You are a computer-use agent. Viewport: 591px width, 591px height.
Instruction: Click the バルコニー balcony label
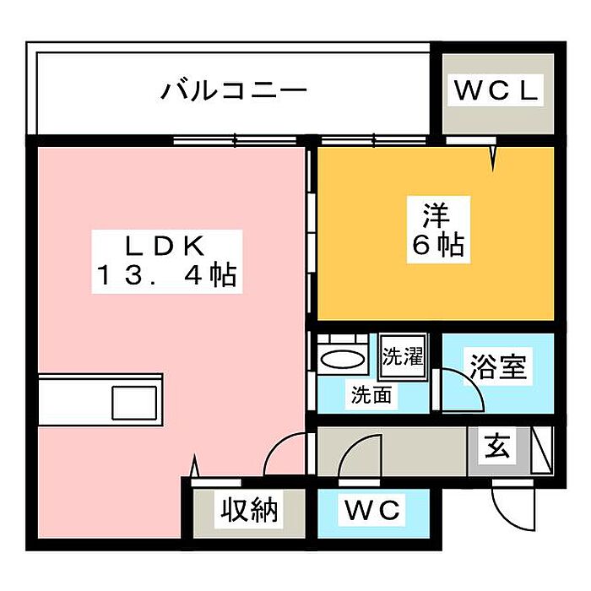pyautogui.click(x=234, y=91)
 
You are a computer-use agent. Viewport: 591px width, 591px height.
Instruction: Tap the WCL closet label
pyautogui.click(x=496, y=90)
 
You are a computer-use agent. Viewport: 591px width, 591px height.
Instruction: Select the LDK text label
pyautogui.click(x=165, y=246)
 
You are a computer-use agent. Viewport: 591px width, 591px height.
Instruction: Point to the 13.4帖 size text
pyautogui.click(x=167, y=274)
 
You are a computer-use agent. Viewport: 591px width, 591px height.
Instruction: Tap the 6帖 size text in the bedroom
pyautogui.click(x=438, y=245)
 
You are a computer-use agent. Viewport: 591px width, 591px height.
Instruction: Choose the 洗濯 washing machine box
pyautogui.click(x=403, y=355)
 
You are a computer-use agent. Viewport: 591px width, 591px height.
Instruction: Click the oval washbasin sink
pyautogui.click(x=342, y=359)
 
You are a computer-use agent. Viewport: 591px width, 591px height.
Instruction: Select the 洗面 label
pyautogui.click(x=371, y=395)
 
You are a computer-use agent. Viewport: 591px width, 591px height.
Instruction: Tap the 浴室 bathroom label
pyautogui.click(x=497, y=366)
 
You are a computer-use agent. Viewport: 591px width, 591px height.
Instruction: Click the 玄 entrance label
pyautogui.click(x=496, y=445)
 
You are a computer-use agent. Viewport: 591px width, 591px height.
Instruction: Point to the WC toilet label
pyautogui.click(x=372, y=510)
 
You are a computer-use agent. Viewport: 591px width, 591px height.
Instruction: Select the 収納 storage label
pyautogui.click(x=249, y=510)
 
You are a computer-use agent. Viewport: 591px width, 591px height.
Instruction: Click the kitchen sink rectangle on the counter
pyautogui.click(x=134, y=403)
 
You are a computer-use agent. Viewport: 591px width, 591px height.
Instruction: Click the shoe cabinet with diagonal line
pyautogui.click(x=542, y=450)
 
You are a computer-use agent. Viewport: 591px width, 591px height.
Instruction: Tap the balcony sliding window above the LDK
pyautogui.click(x=236, y=141)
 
